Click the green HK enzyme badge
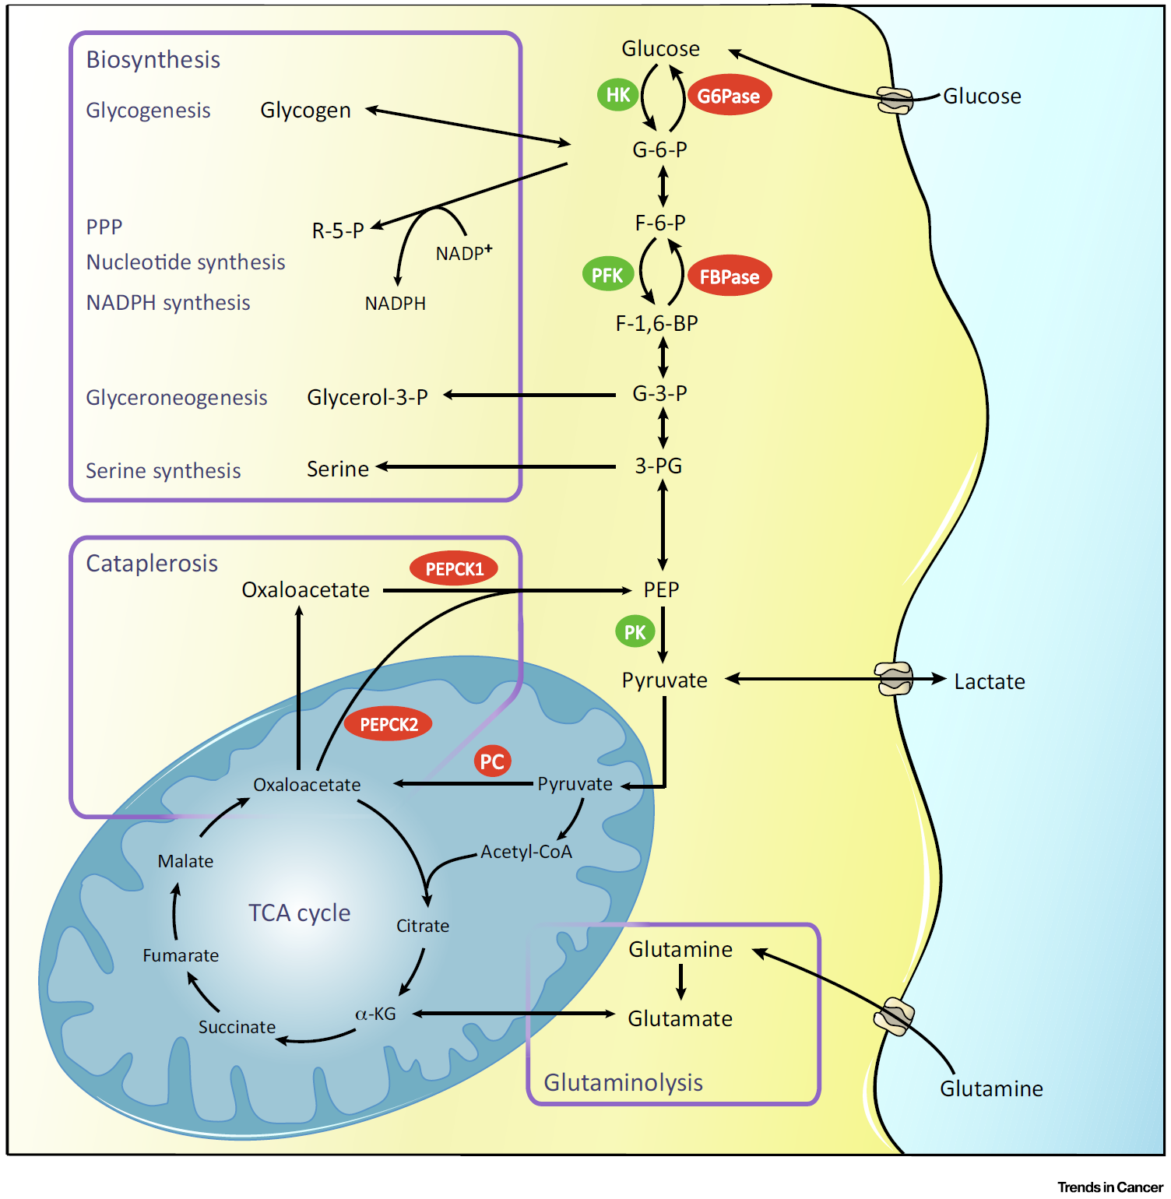click(x=618, y=95)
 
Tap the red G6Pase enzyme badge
click(x=729, y=96)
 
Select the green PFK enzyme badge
click(x=607, y=275)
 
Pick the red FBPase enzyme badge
click(x=730, y=276)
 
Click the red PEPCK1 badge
click(x=454, y=569)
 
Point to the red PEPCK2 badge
click(x=389, y=725)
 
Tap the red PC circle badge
click(x=492, y=761)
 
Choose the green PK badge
click(x=635, y=632)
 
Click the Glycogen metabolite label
click(x=305, y=111)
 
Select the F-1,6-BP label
click(x=656, y=323)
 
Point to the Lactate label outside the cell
click(x=989, y=682)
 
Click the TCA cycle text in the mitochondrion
click(x=299, y=912)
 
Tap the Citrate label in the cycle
click(x=423, y=926)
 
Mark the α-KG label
click(x=376, y=1014)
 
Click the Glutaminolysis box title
click(x=623, y=1082)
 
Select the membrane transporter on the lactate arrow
click(x=894, y=679)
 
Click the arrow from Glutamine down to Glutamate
click(x=681, y=982)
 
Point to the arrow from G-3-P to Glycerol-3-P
click(x=529, y=396)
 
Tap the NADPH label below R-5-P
click(x=396, y=304)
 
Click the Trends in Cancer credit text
click(x=1109, y=1187)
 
